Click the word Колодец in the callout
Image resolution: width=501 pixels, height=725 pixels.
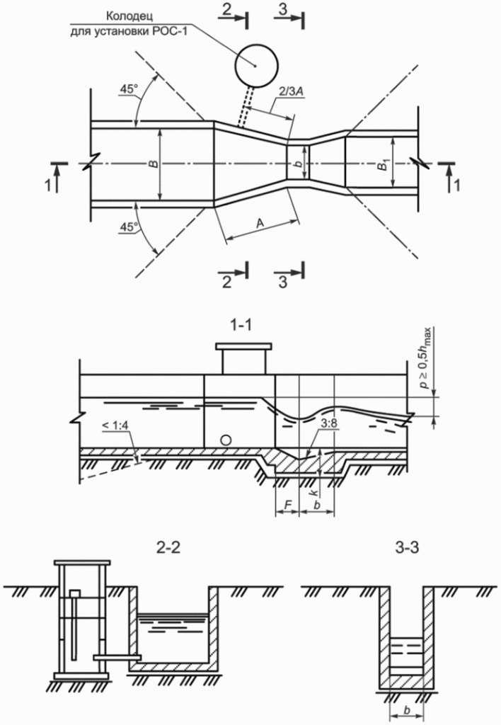(131, 15)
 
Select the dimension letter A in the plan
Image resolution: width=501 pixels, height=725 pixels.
(260, 223)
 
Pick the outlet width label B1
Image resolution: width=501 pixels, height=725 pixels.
(383, 166)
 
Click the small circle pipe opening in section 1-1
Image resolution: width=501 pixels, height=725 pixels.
(226, 440)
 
